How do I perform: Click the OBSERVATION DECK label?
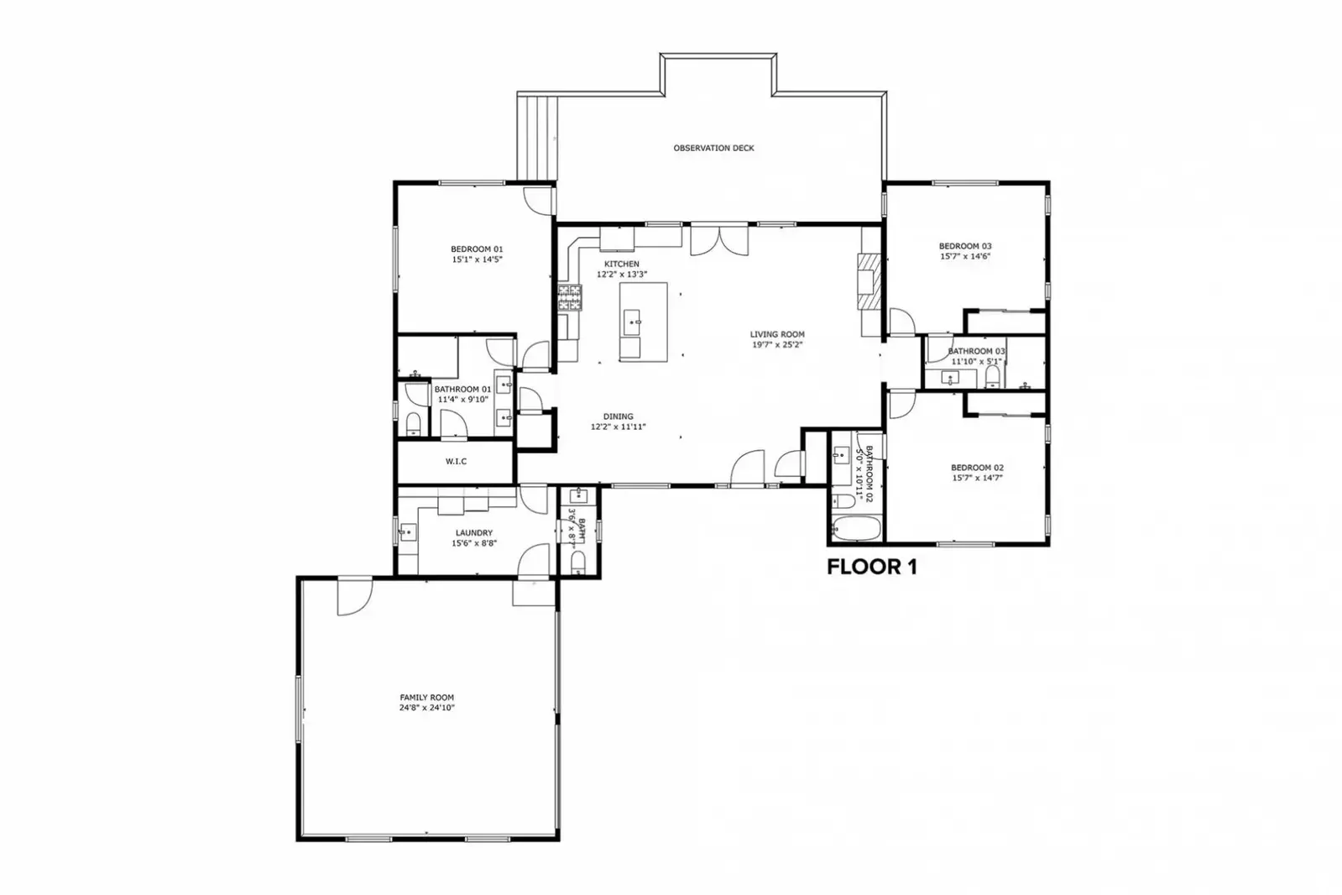(713, 148)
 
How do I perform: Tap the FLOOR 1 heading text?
(871, 568)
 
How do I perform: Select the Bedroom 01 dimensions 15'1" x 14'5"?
(476, 260)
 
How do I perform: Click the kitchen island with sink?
(644, 322)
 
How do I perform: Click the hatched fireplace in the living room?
(869, 283)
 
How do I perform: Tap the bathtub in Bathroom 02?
(856, 529)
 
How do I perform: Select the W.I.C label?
(456, 462)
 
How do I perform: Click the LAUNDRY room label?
(474, 533)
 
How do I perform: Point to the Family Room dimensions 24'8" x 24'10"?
(426, 708)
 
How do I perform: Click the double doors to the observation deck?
(719, 240)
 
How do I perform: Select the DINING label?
(618, 416)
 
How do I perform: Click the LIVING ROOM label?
(777, 334)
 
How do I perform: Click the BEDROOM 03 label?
(965, 246)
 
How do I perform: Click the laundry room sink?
(408, 531)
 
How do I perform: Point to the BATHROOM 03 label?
(976, 351)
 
